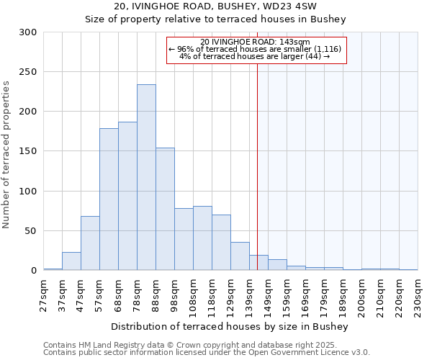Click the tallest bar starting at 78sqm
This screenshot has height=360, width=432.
pos(146,177)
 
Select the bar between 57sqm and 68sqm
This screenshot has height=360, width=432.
pos(109,199)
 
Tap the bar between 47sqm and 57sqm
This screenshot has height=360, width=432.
pos(90,243)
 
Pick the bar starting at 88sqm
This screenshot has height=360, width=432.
pos(165,209)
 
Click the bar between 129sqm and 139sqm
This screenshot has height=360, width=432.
pos(240,256)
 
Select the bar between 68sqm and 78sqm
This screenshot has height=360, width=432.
pos(127,196)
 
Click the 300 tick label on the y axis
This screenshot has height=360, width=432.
pos(28,32)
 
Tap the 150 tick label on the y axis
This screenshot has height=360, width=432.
pos(28,152)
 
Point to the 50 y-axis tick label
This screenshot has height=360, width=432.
pos(31,231)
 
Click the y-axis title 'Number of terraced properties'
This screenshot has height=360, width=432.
pos(7,155)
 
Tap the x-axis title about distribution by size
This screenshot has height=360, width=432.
pos(230,327)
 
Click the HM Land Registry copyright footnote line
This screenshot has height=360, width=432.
pos(205,345)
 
